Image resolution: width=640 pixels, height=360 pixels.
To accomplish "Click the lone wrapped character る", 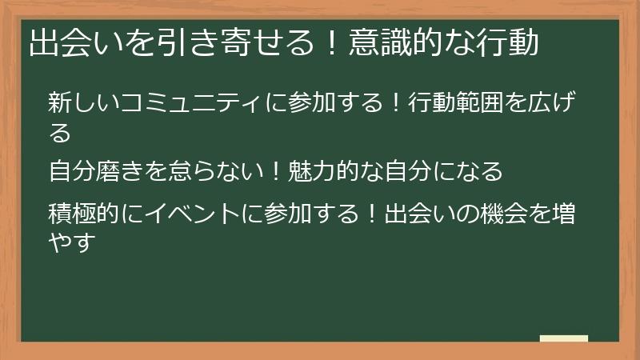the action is (59, 132).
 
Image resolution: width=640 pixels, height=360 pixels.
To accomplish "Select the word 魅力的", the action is (324, 170).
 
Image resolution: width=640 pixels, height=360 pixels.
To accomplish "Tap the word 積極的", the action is (84, 213).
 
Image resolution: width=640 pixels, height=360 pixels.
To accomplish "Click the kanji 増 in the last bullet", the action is (563, 213).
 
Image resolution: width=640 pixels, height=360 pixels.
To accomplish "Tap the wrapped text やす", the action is (72, 242).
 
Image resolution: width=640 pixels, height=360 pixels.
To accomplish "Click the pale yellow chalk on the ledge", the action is (564, 338).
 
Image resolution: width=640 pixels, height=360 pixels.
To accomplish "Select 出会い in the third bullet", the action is (419, 213).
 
